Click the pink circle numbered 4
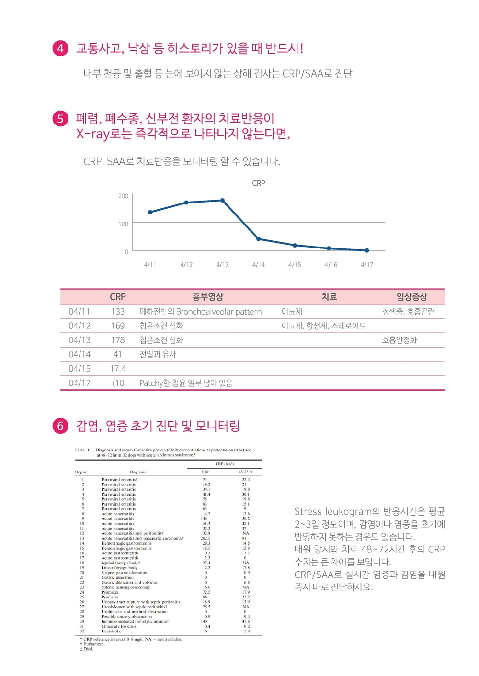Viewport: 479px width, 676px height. tap(60, 48)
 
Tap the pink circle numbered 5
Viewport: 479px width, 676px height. tap(60, 118)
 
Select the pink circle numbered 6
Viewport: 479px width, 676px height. tap(60, 426)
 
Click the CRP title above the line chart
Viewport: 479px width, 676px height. tap(259, 183)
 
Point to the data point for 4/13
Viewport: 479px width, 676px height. tap(222, 200)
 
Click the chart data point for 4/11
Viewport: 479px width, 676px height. tap(150, 212)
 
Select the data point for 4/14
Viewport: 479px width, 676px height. tap(259, 239)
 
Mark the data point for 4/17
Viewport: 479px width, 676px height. tap(367, 250)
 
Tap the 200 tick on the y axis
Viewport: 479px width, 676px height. tap(124, 196)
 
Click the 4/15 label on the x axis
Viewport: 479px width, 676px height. tap(295, 265)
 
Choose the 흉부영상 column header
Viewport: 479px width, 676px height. tap(208, 297)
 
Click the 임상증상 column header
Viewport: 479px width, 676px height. tap(411, 297)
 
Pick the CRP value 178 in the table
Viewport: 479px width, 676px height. tap(118, 340)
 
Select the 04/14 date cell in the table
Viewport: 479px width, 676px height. tap(80, 354)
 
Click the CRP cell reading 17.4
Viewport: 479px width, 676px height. tap(118, 369)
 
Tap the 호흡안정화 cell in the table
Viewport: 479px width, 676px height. tap(399, 340)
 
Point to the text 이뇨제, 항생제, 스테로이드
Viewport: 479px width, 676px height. tap(323, 326)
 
